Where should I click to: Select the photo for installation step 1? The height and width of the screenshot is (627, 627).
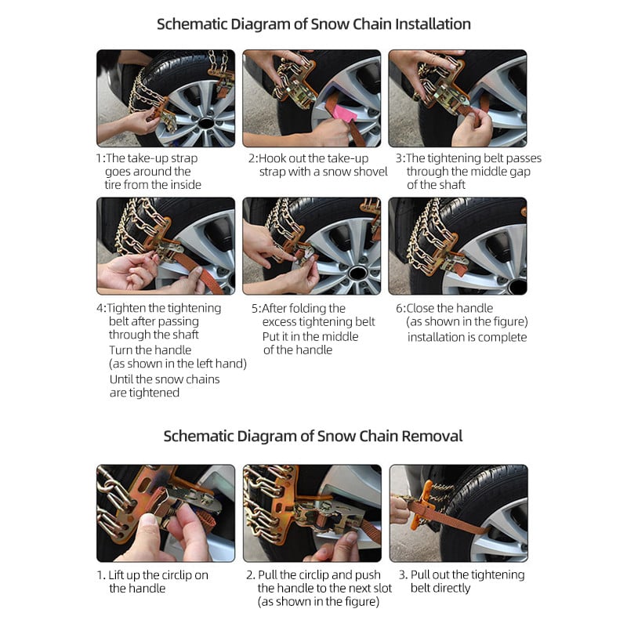click(165, 99)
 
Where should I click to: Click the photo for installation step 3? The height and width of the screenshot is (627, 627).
click(457, 99)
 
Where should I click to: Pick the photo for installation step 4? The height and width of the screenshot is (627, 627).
click(165, 245)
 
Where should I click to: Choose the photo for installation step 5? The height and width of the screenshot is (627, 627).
click(311, 245)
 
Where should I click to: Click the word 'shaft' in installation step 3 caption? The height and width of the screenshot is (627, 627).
click(450, 185)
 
